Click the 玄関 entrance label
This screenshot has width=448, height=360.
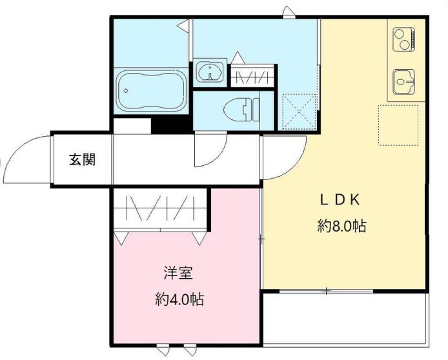coord(82,160)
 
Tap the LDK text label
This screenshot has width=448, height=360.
coord(340,200)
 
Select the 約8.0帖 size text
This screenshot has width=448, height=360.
coord(341,226)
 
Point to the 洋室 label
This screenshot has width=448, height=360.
coord(178,273)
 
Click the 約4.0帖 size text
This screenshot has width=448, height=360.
coord(179,299)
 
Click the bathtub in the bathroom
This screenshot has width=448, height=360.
coord(151,91)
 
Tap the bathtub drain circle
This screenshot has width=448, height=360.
coord(125,91)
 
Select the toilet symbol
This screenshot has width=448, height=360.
coord(241,110)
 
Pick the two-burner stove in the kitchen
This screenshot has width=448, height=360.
coord(404,39)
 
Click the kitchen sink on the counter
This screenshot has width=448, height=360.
coord(403,82)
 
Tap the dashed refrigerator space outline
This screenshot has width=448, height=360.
coord(398,125)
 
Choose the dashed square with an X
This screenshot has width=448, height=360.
coord(299,111)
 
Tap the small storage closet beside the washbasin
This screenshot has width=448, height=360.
coord(252,75)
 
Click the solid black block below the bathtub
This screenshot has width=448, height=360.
coord(172,125)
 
